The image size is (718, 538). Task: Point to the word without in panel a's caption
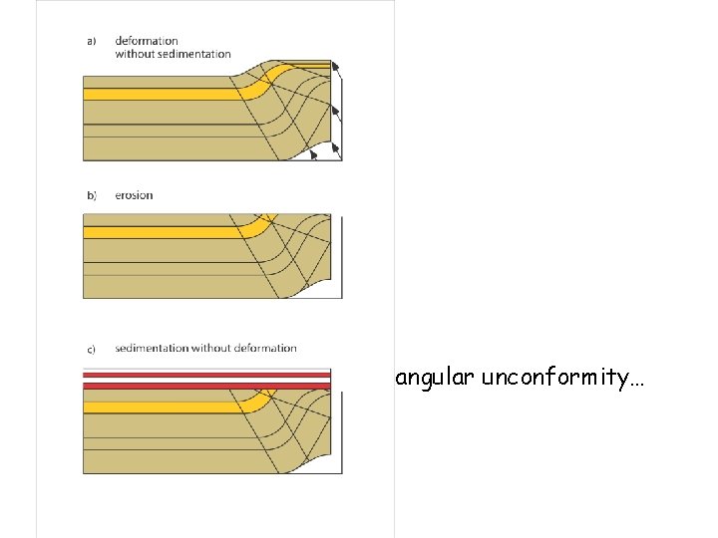coord(135,54)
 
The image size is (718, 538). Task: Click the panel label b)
coord(92,195)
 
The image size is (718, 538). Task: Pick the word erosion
coord(134,195)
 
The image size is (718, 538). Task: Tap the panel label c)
coord(92,349)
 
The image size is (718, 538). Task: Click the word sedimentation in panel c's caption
coord(152,349)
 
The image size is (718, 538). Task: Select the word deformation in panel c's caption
coord(263,349)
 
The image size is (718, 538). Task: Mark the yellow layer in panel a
coord(160,94)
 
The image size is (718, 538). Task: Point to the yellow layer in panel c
coord(160,406)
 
